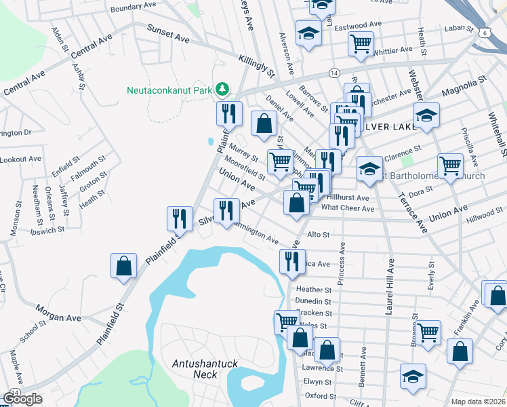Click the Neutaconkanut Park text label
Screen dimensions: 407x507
coord(169,90)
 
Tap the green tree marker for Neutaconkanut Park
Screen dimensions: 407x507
coord(222,90)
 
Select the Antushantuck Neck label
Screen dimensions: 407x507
coord(205,369)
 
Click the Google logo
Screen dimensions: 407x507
coord(22,399)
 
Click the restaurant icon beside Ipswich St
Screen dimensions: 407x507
coord(178,218)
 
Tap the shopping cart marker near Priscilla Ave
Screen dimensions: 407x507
coord(450,165)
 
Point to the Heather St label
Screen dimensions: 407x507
coord(313,290)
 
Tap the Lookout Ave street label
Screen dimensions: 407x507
coord(20,159)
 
